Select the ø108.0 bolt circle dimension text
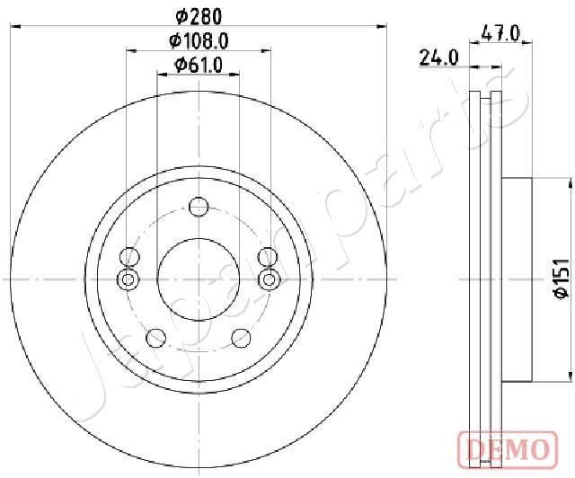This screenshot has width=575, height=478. click(198, 40)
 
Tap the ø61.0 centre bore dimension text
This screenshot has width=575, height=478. click(198, 65)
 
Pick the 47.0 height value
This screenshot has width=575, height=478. click(501, 34)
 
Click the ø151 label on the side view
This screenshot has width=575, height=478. click(558, 279)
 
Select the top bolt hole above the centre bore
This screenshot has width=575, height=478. click(199, 208)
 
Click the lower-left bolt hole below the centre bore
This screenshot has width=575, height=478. click(156, 338)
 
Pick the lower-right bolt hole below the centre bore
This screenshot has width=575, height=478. click(241, 338)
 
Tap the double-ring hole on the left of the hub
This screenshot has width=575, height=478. click(128, 280)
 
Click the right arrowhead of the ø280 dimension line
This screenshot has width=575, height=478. click(383, 28)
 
